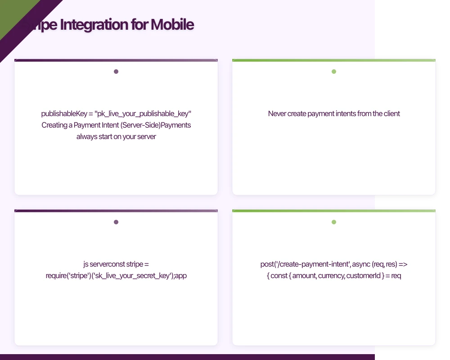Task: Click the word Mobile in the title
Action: point(172,24)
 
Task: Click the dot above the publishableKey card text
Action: point(116,72)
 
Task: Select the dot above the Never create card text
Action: point(334,72)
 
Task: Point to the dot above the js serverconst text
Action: point(116,222)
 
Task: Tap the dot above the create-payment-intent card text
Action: point(334,222)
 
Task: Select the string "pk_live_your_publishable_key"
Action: point(143,114)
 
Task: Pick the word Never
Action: point(278,114)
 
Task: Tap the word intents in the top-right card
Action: point(346,114)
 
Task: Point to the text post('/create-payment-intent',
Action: point(305,264)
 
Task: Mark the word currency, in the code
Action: point(331,275)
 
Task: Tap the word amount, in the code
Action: point(304,275)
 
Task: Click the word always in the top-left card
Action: point(87,136)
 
